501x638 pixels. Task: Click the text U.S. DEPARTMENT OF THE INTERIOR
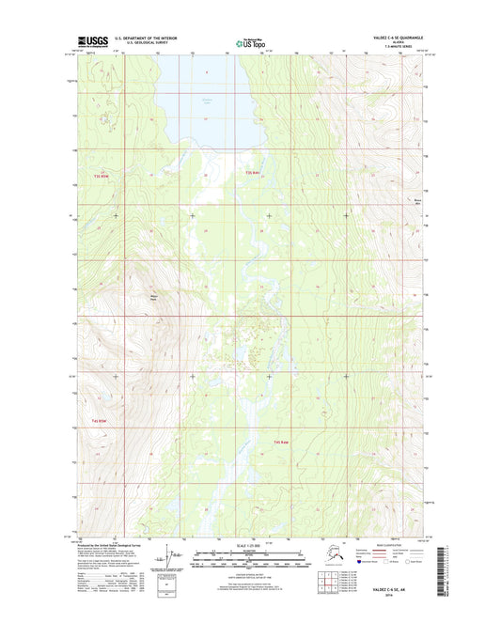pyautogui.click(x=149, y=39)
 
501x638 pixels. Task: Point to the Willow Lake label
pyautogui.click(x=208, y=100)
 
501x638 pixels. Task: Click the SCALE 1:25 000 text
pyautogui.click(x=250, y=546)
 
